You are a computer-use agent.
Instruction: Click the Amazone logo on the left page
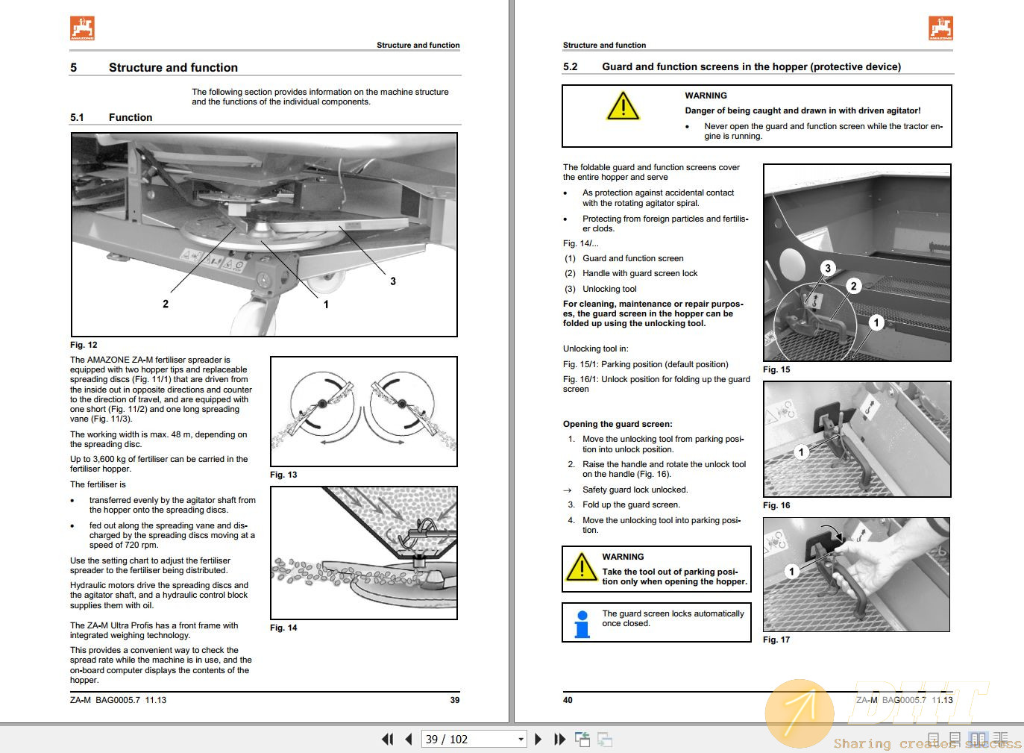click(x=82, y=28)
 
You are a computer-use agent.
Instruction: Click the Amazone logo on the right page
click(x=940, y=28)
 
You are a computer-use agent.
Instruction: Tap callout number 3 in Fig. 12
click(x=393, y=281)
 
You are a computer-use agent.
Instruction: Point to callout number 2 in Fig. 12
click(x=166, y=304)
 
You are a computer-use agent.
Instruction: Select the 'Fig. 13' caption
click(x=283, y=475)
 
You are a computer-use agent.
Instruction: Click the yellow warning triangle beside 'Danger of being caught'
click(x=623, y=107)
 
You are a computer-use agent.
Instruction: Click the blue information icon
click(x=582, y=624)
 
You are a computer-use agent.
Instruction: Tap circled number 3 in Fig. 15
click(x=827, y=269)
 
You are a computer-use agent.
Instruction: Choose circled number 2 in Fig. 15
click(x=854, y=286)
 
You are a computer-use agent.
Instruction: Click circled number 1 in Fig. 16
click(x=801, y=452)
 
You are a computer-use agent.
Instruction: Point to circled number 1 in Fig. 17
click(x=792, y=572)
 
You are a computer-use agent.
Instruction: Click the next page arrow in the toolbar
click(x=538, y=740)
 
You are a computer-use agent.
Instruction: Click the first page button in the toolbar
click(x=387, y=740)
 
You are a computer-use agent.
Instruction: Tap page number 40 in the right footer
click(x=568, y=700)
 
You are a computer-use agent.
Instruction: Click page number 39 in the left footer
click(x=455, y=700)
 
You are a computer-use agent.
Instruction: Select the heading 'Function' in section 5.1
click(x=131, y=117)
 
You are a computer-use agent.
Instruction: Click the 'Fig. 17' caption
click(x=776, y=640)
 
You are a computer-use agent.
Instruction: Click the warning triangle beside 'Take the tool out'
click(x=581, y=566)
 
